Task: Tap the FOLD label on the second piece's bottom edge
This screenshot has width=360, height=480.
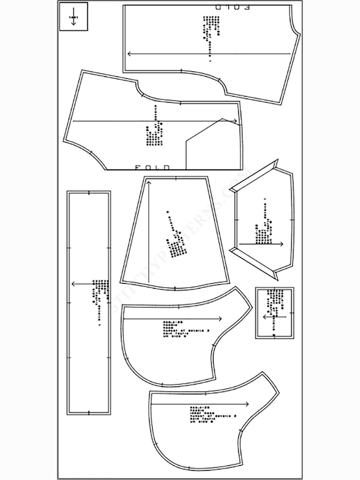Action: coord(152,167)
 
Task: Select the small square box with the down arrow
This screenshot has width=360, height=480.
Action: coord(73,17)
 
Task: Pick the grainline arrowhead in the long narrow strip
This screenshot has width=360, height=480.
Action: coord(73,284)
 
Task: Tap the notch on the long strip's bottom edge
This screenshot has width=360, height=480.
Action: coord(88,412)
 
